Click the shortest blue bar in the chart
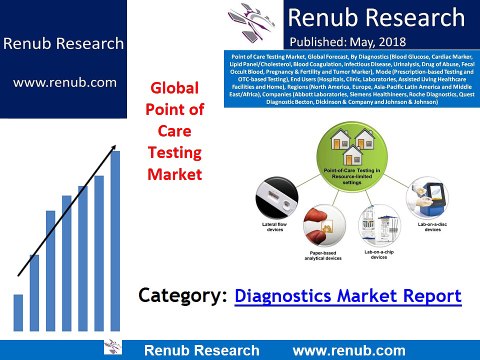pos(18,312)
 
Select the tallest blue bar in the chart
pos(114,240)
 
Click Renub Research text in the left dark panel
pos(63,44)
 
